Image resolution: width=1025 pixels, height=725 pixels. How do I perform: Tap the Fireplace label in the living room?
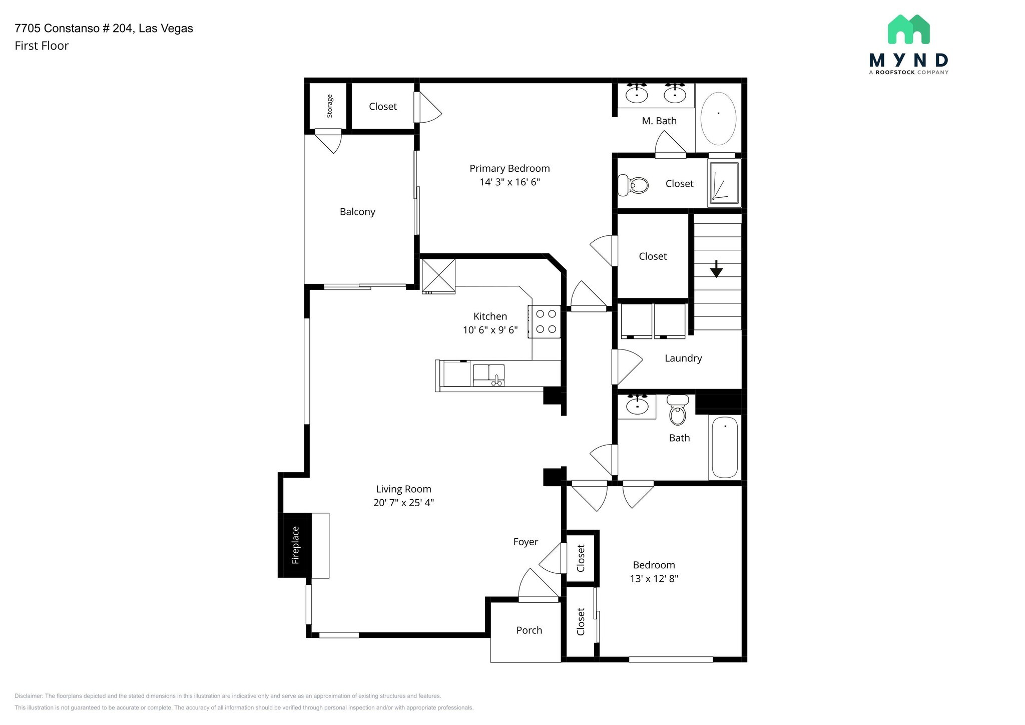295,545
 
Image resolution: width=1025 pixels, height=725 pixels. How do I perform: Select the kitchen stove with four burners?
545,321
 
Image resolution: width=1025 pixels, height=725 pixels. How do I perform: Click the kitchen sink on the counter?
489,375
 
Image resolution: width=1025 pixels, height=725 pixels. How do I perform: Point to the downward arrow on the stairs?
716,269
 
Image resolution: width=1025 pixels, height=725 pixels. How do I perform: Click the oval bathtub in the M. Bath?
718,119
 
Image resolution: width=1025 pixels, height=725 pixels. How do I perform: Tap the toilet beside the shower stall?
633,185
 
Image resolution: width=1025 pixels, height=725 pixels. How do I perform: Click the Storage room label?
329,106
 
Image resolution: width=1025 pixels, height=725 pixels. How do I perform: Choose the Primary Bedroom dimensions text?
509,182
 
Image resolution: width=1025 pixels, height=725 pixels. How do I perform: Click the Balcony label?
357,212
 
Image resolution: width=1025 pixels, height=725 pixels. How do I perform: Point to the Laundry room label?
683,358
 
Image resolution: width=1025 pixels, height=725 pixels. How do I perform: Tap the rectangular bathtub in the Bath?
725,447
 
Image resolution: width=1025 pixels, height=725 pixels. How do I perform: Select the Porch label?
529,630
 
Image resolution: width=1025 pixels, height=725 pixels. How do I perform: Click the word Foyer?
526,542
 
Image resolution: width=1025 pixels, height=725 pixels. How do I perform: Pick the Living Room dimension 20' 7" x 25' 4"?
403,503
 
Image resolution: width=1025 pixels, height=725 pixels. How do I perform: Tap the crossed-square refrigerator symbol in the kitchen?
438,275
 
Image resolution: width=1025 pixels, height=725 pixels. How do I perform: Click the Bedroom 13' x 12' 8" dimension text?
654,579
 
